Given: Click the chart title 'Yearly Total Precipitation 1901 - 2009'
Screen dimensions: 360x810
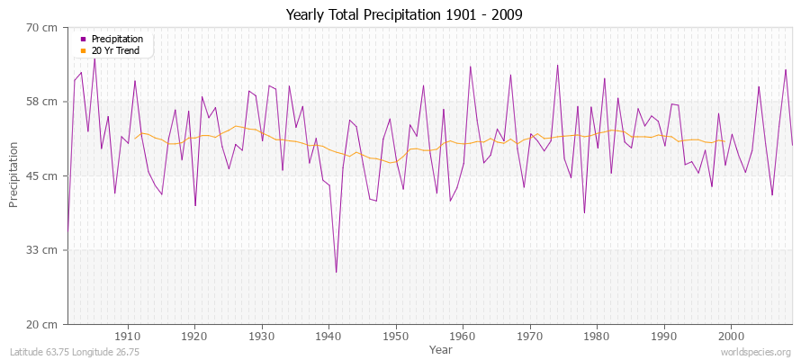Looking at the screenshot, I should (x=404, y=14).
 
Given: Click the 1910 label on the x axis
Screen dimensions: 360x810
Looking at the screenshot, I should (x=128, y=336).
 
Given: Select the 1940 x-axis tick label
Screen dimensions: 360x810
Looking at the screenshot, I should (x=328, y=336).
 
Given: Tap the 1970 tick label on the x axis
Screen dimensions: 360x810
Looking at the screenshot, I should (x=529, y=336).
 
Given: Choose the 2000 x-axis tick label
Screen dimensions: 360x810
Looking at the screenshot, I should (x=730, y=336).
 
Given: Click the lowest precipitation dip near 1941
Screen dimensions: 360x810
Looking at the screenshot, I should (x=336, y=272).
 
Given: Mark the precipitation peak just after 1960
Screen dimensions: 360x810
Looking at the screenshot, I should (x=470, y=66).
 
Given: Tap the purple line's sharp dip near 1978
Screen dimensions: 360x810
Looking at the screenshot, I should (x=584, y=213).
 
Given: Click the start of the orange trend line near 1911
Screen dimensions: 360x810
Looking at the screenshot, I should (x=135, y=138).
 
